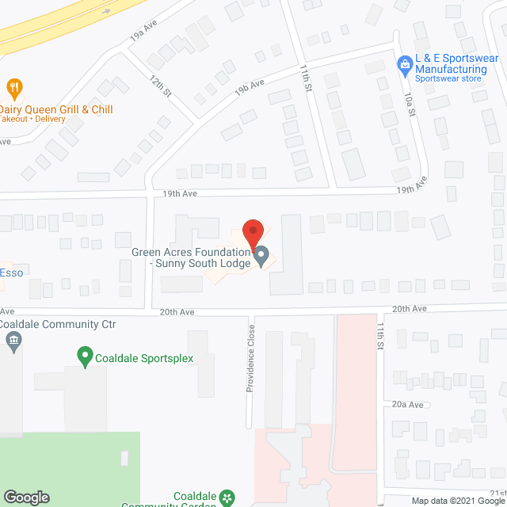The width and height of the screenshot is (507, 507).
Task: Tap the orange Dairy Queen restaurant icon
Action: point(13,87)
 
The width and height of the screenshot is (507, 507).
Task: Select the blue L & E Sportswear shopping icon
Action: point(404,60)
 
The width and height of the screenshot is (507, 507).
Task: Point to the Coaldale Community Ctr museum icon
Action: point(13,342)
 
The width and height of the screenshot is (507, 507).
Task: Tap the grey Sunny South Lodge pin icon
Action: point(262,257)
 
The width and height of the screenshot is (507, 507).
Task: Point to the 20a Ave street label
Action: point(409,404)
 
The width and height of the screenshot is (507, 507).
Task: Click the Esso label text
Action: point(11,273)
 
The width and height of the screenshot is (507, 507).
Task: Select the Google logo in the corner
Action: point(26,497)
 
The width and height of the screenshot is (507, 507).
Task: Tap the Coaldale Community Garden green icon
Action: point(228,497)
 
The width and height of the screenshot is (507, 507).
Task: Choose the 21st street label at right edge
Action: point(497,336)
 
